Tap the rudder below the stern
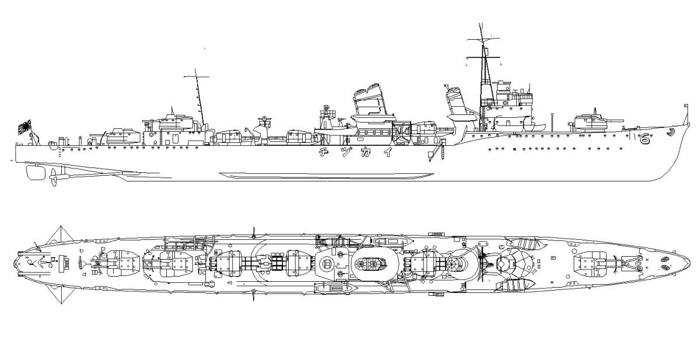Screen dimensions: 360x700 [x=34, y=172]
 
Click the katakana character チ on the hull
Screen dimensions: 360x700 [x=323, y=153]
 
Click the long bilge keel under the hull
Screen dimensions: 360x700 [x=327, y=175]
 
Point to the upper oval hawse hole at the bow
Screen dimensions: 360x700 [x=665, y=258]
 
